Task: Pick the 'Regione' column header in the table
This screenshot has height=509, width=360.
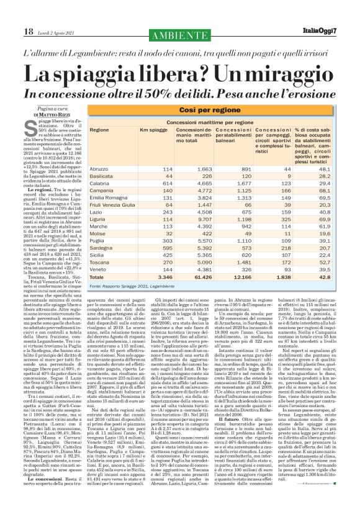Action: click(x=99, y=130)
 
